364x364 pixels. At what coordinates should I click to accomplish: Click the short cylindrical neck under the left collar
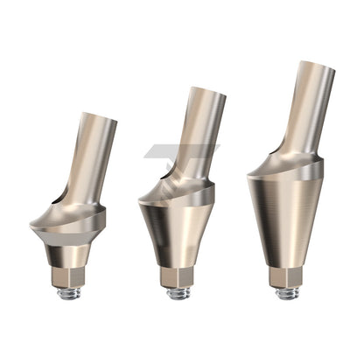pos(68,255)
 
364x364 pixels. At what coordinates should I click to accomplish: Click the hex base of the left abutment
pos(69,277)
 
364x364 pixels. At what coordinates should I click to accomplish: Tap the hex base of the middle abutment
pos(178,277)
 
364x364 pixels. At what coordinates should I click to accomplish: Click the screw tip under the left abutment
pos(69,293)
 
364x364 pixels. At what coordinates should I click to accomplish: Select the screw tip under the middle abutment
pos(178,293)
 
